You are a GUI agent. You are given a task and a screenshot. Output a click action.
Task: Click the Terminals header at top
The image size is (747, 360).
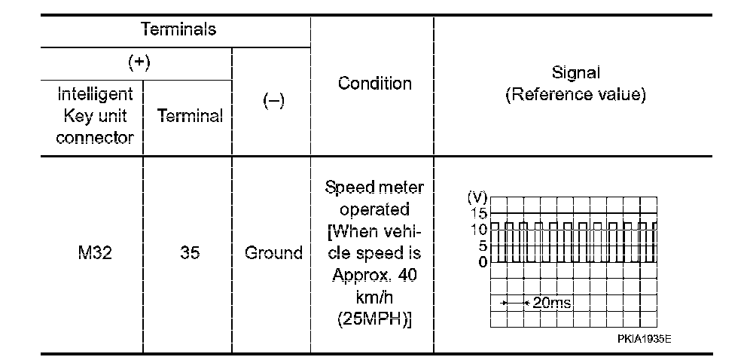coord(178,30)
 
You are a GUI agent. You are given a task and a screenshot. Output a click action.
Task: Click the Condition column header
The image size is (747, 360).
coord(374,84)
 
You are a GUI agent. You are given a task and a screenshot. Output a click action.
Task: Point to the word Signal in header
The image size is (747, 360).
coord(576,73)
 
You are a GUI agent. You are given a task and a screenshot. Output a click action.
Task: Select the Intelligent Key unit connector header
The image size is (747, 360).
coord(94,116)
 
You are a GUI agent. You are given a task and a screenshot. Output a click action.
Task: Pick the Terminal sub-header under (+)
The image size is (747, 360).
coord(190,116)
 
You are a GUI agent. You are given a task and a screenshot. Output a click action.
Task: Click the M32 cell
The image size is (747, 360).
coord(94,253)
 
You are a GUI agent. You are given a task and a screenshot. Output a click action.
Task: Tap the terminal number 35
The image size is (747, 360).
coord(190,253)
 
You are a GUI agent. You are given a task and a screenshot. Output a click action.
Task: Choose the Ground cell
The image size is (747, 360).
coord(273,253)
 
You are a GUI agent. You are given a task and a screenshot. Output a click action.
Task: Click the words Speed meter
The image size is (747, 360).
coord(374,187)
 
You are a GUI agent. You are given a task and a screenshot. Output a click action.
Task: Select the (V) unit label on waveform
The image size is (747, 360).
coord(477,197)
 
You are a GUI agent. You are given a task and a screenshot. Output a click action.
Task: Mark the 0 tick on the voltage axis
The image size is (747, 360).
coord(483,261)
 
